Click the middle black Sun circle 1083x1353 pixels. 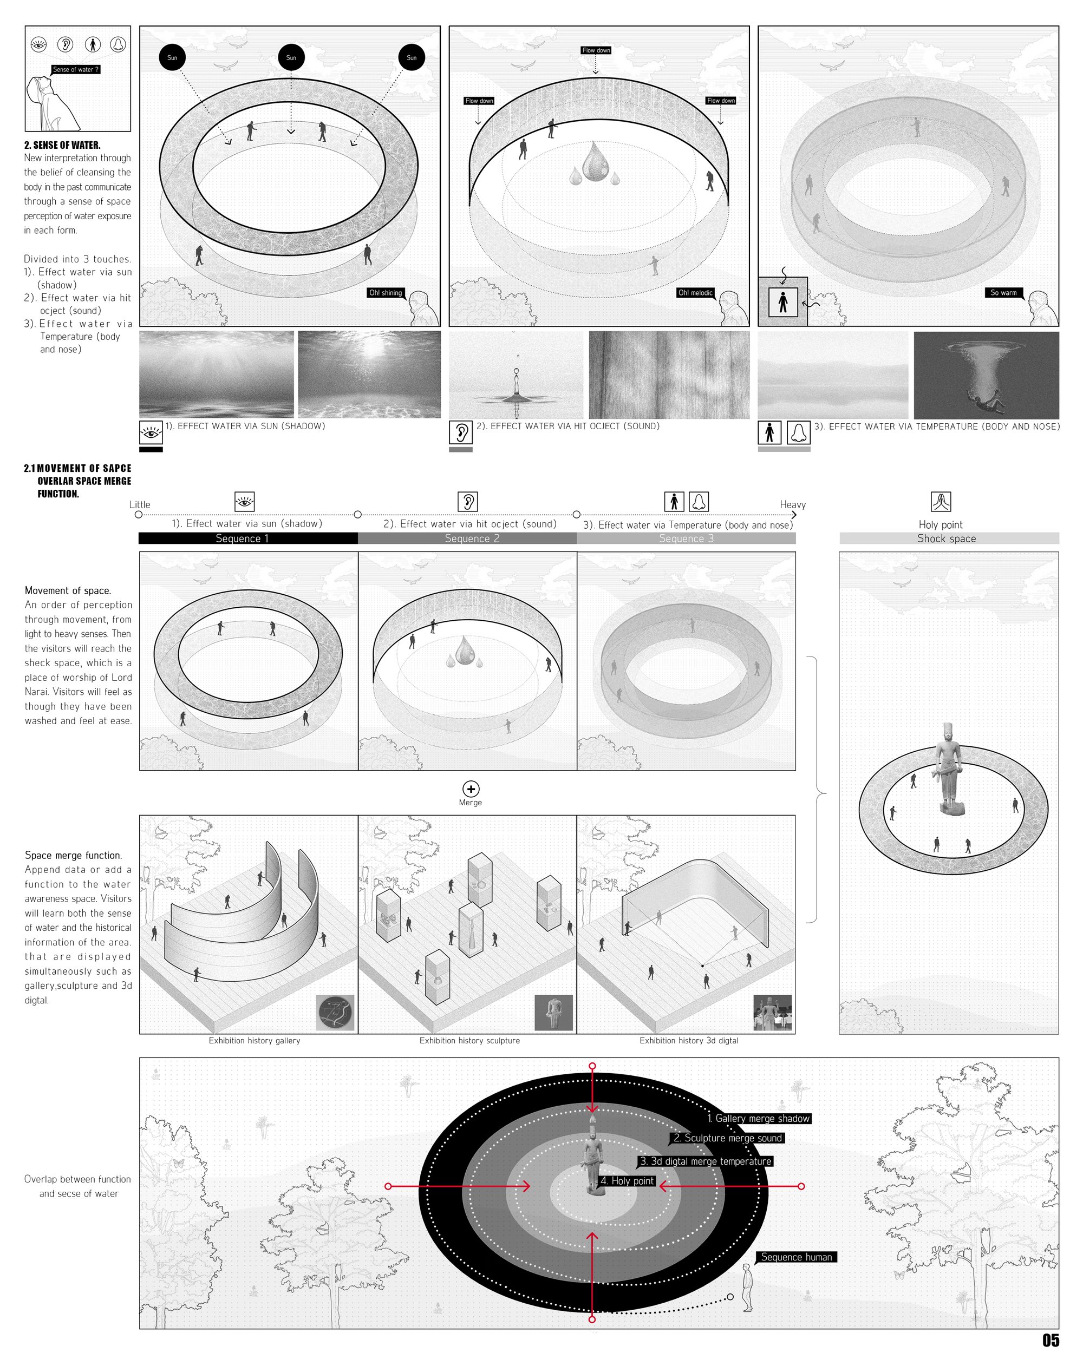tap(291, 58)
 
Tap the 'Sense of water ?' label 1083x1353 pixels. tap(75, 70)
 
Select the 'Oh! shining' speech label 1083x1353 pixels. tap(386, 292)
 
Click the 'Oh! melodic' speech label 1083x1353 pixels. tap(696, 292)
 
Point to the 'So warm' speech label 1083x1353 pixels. tap(1003, 292)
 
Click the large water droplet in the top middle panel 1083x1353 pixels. tap(595, 161)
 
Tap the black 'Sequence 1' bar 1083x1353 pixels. tap(248, 538)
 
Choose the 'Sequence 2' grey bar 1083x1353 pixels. tap(467, 538)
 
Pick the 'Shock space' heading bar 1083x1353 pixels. tap(949, 538)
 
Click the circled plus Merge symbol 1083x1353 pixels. tap(471, 789)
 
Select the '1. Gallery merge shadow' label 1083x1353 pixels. tap(759, 1118)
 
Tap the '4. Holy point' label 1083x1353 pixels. tap(627, 1180)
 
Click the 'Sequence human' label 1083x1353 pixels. tap(797, 1257)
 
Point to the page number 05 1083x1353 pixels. tap(1051, 1340)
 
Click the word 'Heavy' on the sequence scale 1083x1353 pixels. tap(792, 504)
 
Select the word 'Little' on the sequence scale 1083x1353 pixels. tap(139, 504)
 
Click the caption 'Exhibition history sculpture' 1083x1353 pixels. tap(469, 1041)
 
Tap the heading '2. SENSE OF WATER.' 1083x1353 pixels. tap(62, 145)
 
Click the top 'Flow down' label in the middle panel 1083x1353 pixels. tap(596, 50)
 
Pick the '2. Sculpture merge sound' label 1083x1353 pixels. tap(728, 1138)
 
